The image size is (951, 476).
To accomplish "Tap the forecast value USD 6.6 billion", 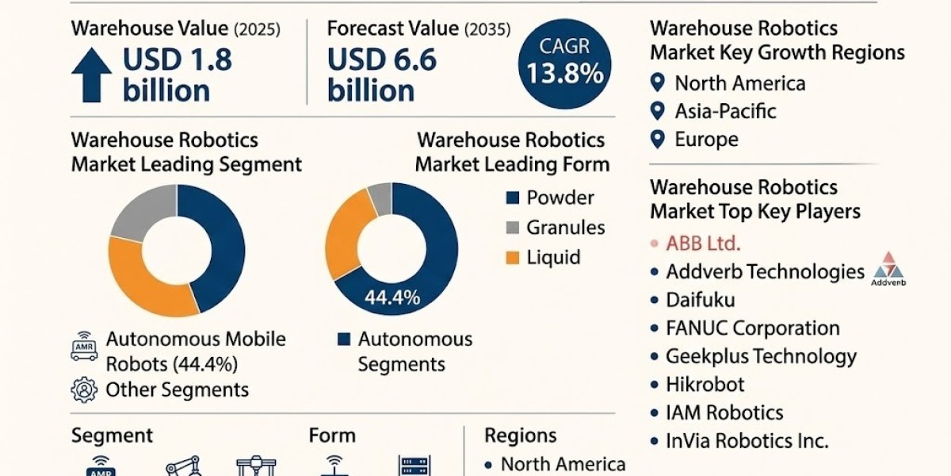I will point(382,75).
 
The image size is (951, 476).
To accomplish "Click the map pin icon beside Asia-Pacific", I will point(656,111).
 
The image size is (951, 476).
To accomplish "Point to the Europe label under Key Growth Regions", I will point(706,140).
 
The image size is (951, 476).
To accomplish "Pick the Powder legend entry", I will point(560,198).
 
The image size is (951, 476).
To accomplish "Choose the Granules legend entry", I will point(565,228).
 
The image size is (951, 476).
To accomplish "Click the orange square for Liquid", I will point(511,258).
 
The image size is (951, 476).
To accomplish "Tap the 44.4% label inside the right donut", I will point(391,298).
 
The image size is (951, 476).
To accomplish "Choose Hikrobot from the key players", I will point(705,385).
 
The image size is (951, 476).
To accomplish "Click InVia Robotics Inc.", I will point(747,441).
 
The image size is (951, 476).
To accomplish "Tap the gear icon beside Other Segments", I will point(83,390).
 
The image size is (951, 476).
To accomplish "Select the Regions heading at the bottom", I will point(520,436).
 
